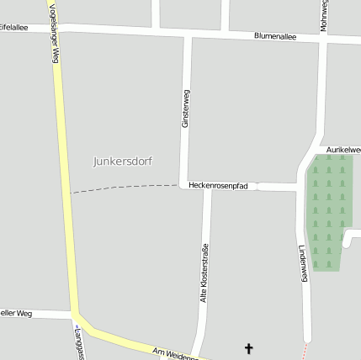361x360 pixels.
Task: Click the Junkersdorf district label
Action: click(123, 161)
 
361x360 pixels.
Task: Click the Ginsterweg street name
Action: click(185, 109)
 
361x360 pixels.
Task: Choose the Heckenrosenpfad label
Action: click(218, 185)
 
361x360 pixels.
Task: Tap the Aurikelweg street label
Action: click(343, 148)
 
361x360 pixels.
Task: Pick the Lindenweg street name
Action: click(303, 263)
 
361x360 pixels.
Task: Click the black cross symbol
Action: click(248, 347)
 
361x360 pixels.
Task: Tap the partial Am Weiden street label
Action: click(173, 353)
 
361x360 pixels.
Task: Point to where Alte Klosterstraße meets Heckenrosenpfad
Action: click(205, 186)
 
